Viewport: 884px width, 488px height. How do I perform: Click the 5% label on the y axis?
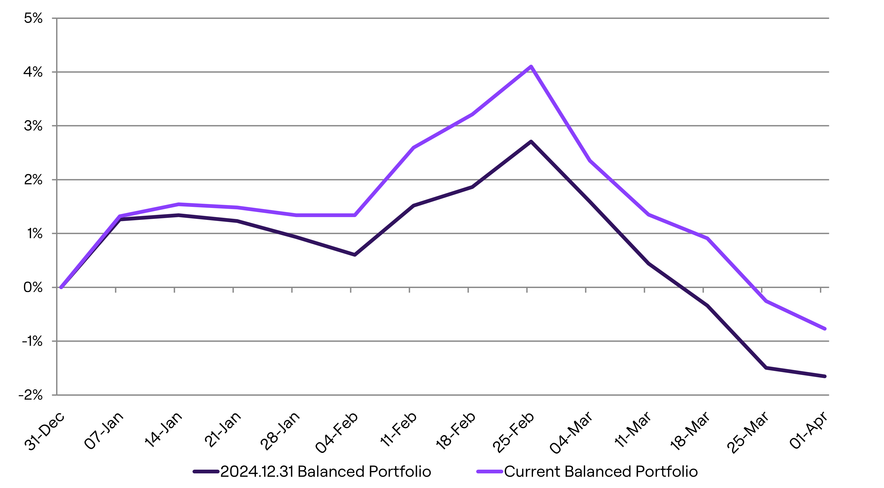pyautogui.click(x=33, y=18)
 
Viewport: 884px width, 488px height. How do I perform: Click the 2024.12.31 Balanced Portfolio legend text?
pyautogui.click(x=325, y=472)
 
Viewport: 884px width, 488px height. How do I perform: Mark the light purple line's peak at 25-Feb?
pyautogui.click(x=531, y=66)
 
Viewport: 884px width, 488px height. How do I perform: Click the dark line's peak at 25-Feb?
pyautogui.click(x=531, y=141)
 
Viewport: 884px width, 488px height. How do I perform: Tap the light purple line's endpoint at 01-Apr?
pyautogui.click(x=825, y=329)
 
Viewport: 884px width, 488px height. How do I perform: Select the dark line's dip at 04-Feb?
pyautogui.click(x=354, y=255)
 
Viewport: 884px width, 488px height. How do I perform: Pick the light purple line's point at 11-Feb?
pyautogui.click(x=413, y=148)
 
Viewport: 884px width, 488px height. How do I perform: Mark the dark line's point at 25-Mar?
pyautogui.click(x=766, y=368)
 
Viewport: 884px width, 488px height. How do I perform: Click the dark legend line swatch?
pyautogui.click(x=206, y=472)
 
